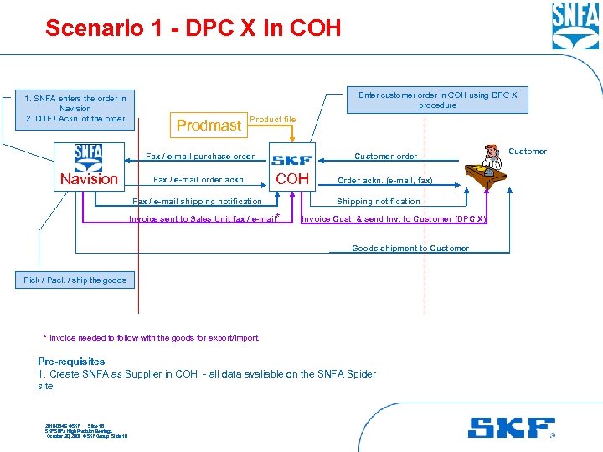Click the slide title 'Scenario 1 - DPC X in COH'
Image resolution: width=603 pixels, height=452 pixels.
[x=193, y=28]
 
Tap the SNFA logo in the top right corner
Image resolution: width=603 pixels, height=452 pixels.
[x=575, y=26]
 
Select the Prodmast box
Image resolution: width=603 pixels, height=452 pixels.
[x=209, y=126]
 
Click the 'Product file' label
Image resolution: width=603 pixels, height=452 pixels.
[x=273, y=120]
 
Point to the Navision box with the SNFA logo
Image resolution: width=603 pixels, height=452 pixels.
[x=89, y=165]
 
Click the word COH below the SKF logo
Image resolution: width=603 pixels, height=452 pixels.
[x=292, y=178]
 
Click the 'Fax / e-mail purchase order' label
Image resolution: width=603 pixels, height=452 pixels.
[x=200, y=157]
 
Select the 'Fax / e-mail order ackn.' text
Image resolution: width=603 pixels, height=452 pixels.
[x=199, y=179]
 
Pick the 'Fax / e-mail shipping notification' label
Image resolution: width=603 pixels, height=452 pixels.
[x=198, y=201]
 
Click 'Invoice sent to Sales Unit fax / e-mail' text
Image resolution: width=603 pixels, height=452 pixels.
[x=202, y=219]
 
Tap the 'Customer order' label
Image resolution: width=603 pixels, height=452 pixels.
[x=385, y=157]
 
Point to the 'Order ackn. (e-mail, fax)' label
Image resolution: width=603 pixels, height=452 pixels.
[x=384, y=180]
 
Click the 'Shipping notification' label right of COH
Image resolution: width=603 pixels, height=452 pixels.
[x=379, y=202]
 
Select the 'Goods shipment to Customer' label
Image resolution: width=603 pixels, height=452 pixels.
[x=410, y=249]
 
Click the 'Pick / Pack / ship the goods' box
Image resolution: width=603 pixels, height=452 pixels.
[x=75, y=280]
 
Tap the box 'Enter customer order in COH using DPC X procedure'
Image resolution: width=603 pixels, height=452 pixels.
[x=438, y=100]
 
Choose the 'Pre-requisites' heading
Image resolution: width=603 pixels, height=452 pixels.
[x=71, y=362]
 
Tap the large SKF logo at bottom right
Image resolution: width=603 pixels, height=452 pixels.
[x=511, y=427]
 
